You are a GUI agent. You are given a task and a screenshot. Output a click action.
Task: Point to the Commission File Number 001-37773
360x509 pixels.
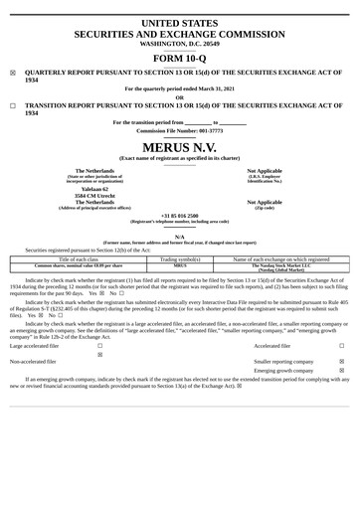tap(180, 130)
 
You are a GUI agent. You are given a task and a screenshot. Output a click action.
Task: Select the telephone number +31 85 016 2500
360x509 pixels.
tap(180, 215)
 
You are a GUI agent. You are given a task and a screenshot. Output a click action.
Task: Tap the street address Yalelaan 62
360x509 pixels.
tap(82, 188)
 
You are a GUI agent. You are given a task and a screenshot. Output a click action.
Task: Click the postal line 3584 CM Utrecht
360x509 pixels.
tap(82, 195)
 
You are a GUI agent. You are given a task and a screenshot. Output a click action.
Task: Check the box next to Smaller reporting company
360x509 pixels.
tap(341, 362)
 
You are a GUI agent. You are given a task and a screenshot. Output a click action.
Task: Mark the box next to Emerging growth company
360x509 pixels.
tap(341, 371)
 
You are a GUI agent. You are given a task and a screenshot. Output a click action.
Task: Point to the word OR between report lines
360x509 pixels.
tap(180, 97)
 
